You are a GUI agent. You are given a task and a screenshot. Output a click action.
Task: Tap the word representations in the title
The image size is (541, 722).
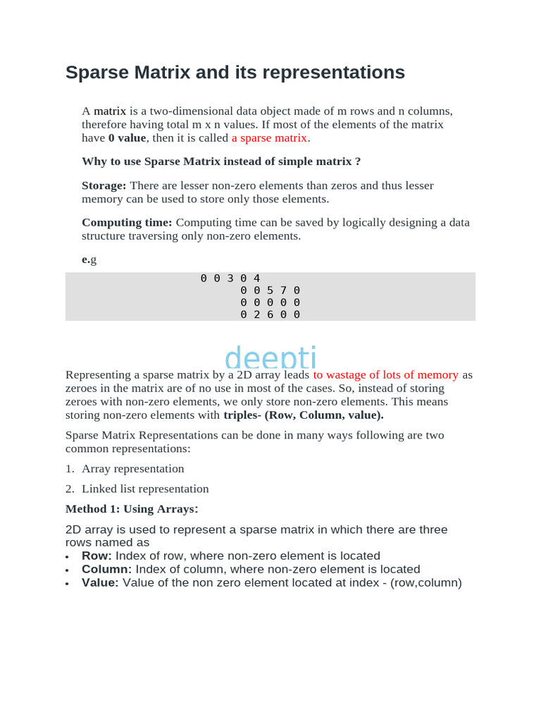[337, 73]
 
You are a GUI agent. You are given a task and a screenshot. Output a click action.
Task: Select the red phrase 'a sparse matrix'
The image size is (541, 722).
[269, 138]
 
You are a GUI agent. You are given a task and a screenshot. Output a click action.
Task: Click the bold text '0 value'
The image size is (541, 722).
[127, 138]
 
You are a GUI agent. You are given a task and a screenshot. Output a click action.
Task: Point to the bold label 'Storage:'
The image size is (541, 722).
[104, 185]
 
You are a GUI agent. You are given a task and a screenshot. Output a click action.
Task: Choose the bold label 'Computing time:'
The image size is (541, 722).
[127, 223]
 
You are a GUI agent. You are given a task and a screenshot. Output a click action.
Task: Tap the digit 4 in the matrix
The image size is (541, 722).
[257, 279]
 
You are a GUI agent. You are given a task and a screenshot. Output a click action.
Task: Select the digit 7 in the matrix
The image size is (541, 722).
[284, 290]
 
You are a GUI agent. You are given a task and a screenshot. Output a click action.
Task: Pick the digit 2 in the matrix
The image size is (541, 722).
[257, 314]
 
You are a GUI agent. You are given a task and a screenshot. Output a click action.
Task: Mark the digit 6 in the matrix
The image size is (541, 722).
[270, 314]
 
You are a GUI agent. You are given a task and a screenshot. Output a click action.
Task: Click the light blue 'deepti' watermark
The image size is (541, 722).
[270, 357]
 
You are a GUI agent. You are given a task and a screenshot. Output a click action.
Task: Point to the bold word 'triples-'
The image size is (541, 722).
[242, 415]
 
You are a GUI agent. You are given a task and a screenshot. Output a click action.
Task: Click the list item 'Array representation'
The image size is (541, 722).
[133, 469]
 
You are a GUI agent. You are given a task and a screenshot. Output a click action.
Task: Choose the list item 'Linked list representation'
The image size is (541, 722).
[145, 489]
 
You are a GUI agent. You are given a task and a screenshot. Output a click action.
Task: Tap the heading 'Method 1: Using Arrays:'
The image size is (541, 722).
[132, 509]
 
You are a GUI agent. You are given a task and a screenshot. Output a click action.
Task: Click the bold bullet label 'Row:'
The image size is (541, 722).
[97, 556]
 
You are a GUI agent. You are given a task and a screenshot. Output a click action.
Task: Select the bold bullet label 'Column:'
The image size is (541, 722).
[107, 570]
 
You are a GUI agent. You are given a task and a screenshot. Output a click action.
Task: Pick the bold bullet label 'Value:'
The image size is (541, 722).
[100, 583]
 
